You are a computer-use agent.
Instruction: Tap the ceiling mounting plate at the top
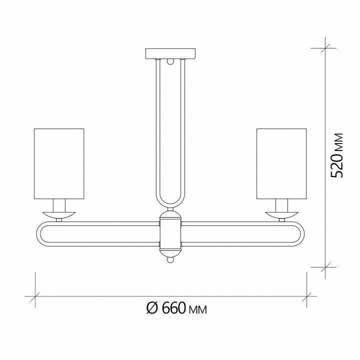click(171, 53)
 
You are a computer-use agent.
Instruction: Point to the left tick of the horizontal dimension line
click(34, 296)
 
